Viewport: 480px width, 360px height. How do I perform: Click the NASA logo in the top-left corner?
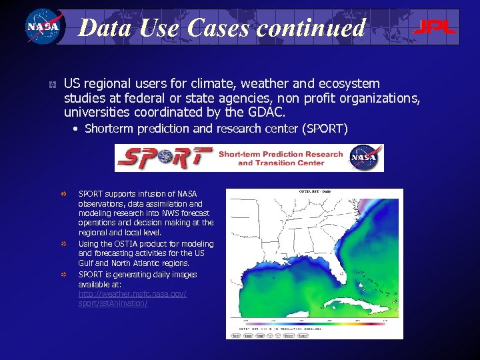click(43, 27)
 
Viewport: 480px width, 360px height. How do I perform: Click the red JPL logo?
click(434, 27)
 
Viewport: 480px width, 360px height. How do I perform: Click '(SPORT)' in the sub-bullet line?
click(325, 128)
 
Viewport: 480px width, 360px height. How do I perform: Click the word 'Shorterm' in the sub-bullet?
click(109, 128)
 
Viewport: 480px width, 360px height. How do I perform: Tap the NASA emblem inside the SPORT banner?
click(365, 158)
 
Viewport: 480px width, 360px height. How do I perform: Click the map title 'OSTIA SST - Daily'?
click(315, 193)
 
